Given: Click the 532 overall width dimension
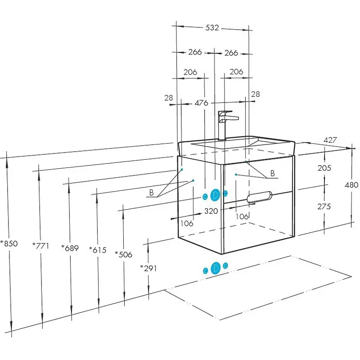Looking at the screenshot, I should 212,28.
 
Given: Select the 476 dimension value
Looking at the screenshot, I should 201,103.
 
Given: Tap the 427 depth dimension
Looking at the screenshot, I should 330,140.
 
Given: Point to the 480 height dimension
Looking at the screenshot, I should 352,184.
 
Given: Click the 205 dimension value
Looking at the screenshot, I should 324,168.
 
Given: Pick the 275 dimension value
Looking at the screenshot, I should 324,207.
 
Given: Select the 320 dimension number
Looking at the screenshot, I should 211,210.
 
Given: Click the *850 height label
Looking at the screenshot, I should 9,244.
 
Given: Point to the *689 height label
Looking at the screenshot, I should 71,248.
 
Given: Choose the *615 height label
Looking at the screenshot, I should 98,250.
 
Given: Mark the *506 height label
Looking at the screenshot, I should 123,254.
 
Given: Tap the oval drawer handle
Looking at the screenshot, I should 260,196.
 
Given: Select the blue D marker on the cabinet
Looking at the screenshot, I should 216,195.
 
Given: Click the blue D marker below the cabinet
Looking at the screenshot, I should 216,268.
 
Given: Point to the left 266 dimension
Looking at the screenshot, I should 194,53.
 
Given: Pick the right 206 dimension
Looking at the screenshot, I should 236,72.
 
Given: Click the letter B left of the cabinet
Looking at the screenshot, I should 152,193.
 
